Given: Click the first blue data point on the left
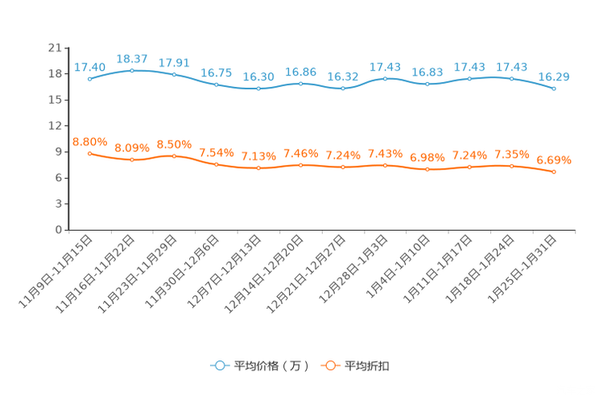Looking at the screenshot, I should (x=89, y=79).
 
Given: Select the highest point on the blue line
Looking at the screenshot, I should (x=132, y=70).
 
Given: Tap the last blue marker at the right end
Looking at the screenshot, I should (x=554, y=88).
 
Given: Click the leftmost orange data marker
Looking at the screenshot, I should (x=89, y=153).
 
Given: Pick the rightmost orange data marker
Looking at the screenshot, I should (x=554, y=172).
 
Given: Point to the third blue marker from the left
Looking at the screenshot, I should (x=174, y=75).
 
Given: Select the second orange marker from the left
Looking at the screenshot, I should (x=132, y=160).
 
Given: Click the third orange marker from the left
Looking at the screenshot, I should (x=174, y=156).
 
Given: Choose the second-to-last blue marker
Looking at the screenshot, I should (x=511, y=78).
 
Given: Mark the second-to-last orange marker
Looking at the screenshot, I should (x=511, y=167).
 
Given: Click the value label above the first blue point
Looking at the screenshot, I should (x=89, y=67).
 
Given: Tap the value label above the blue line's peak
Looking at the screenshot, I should (x=132, y=58).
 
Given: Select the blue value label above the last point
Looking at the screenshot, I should (x=554, y=76).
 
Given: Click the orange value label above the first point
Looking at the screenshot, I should (x=89, y=142).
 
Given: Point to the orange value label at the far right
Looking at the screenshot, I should (x=554, y=160).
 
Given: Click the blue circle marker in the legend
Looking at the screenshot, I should (x=219, y=365).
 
